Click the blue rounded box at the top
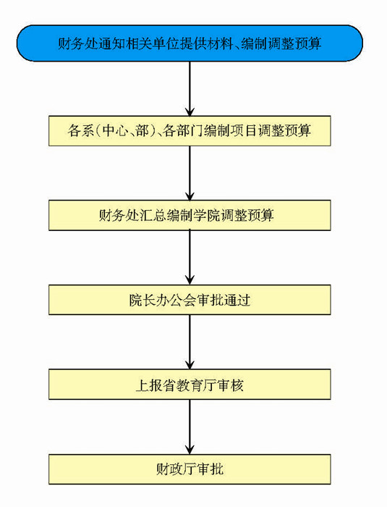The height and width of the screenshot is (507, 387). (x=190, y=43)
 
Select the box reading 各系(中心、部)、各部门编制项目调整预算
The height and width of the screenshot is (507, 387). (x=190, y=131)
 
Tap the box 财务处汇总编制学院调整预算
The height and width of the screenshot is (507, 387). (x=190, y=215)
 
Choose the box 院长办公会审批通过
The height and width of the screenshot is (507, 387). (x=190, y=300)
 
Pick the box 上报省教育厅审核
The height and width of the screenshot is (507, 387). (x=190, y=385)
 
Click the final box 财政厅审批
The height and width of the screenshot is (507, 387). (x=190, y=469)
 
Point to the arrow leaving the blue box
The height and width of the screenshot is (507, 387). (x=190, y=88)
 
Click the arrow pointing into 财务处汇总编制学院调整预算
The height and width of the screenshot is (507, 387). (x=190, y=173)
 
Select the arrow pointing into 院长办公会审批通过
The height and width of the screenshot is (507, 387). (x=190, y=257)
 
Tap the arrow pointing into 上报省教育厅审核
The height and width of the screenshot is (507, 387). (x=190, y=342)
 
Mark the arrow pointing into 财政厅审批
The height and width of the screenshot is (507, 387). (x=190, y=427)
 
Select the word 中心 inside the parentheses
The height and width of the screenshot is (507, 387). (x=114, y=131)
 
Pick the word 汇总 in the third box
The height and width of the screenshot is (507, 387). (x=153, y=215)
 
